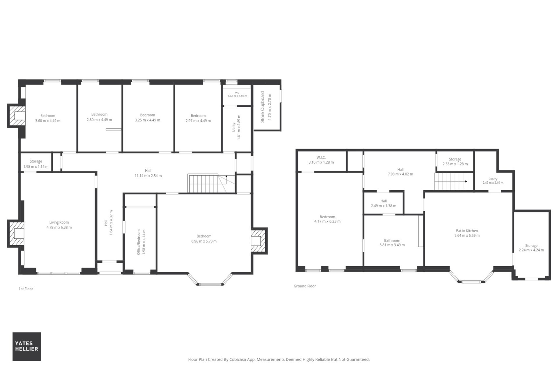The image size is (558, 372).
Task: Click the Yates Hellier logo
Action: point(27,346)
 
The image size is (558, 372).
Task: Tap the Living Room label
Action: point(59,222)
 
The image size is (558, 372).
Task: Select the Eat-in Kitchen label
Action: point(467,231)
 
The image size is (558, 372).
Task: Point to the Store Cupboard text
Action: point(262,107)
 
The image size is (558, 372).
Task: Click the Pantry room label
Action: point(493,179)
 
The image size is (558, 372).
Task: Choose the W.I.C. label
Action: point(321,158)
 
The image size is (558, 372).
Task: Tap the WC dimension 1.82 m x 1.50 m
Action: point(237,96)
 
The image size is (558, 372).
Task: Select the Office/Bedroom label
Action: point(139,242)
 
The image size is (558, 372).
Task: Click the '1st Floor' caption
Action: point(26,289)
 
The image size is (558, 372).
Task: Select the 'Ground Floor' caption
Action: point(305,286)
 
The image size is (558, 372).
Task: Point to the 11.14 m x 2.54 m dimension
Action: point(148,176)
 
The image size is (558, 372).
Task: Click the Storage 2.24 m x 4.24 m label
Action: point(531,248)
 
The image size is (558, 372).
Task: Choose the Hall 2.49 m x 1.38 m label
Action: point(384,203)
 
